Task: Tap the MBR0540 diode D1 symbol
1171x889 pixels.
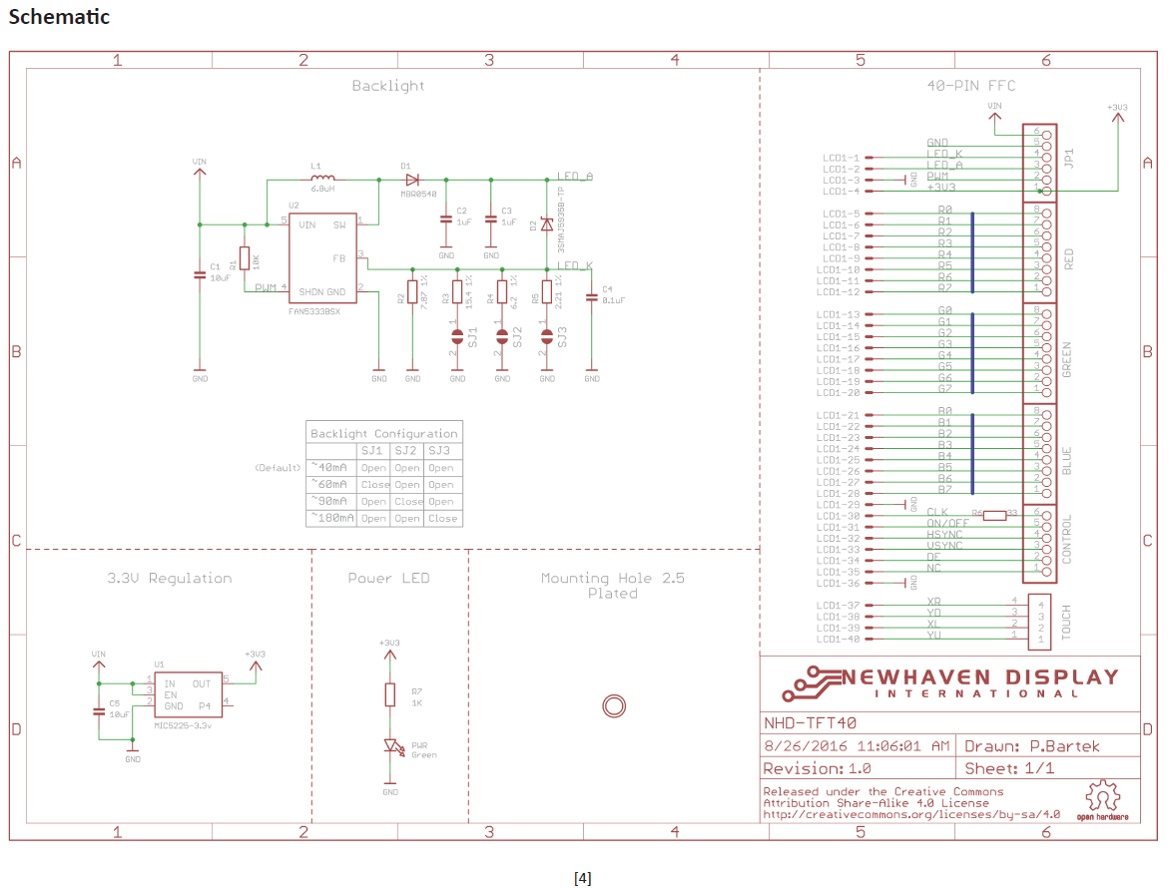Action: [411, 180]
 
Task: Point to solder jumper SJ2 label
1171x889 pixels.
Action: [516, 336]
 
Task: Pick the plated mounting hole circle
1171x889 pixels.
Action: [614, 706]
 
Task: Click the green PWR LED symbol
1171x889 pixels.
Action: [391, 746]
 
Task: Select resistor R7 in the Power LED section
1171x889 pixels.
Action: [390, 695]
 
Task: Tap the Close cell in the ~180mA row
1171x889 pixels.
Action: [442, 518]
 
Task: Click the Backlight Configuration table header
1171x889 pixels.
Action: [384, 433]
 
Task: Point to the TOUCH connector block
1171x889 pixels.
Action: [1039, 620]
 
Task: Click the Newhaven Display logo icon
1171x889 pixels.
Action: [811, 682]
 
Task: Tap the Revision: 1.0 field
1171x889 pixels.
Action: [817, 768]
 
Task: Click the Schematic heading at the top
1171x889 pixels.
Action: [59, 17]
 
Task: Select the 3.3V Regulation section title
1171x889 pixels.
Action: [170, 578]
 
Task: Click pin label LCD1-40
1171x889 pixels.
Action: [840, 639]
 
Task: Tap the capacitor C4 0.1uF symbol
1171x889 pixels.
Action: [591, 296]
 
